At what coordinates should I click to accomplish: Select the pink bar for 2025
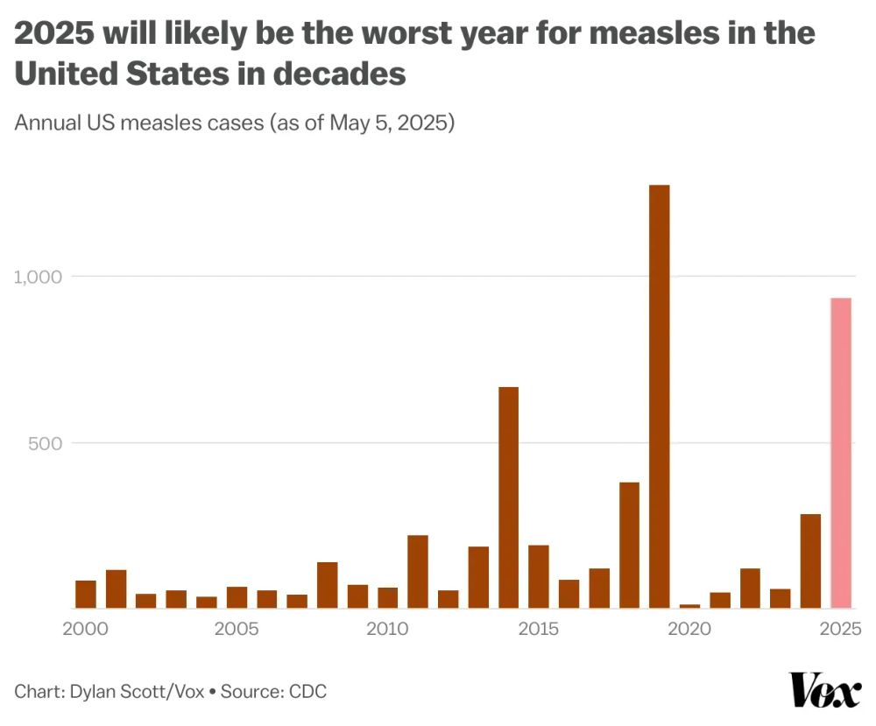[841, 453]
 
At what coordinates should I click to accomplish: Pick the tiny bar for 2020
[689, 605]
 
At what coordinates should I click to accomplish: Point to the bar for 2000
[86, 594]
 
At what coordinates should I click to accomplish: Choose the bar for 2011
[418, 571]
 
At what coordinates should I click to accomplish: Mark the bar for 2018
[629, 545]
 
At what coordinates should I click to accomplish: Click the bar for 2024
[810, 560]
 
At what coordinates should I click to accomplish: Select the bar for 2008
[327, 584]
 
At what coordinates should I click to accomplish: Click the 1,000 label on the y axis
[37, 277]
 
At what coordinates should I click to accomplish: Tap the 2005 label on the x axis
[237, 629]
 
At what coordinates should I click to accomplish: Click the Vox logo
[825, 691]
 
